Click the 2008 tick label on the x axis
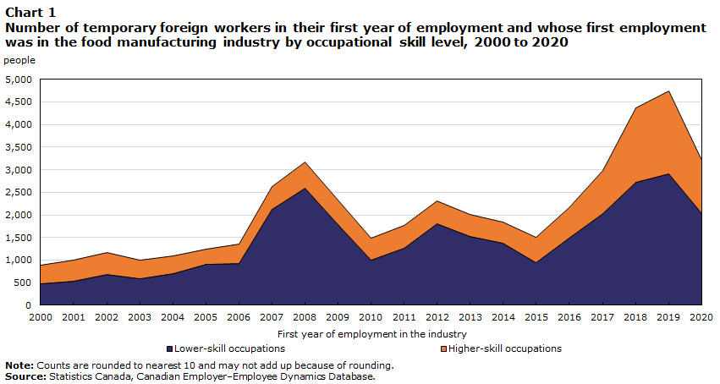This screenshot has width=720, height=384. tap(305, 317)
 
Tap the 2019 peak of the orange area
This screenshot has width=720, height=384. tap(669, 91)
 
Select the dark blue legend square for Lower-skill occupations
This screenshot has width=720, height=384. tap(169, 348)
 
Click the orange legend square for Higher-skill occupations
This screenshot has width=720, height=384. tap(443, 348)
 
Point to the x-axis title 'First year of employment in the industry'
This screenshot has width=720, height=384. tap(371, 334)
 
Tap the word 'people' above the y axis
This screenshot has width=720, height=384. tap(19, 60)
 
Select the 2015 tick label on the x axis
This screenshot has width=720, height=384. tap(536, 317)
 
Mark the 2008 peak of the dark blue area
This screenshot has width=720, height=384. tap(305, 188)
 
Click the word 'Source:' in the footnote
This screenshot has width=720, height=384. tap(25, 376)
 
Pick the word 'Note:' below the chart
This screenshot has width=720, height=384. tap(19, 365)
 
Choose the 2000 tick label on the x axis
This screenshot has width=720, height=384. tap(40, 317)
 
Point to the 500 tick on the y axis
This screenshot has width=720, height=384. tap(25, 283)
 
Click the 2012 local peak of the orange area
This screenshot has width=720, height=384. tap(437, 201)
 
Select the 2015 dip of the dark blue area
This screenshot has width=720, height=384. tap(536, 262)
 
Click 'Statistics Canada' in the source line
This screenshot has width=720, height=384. tap(90, 376)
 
